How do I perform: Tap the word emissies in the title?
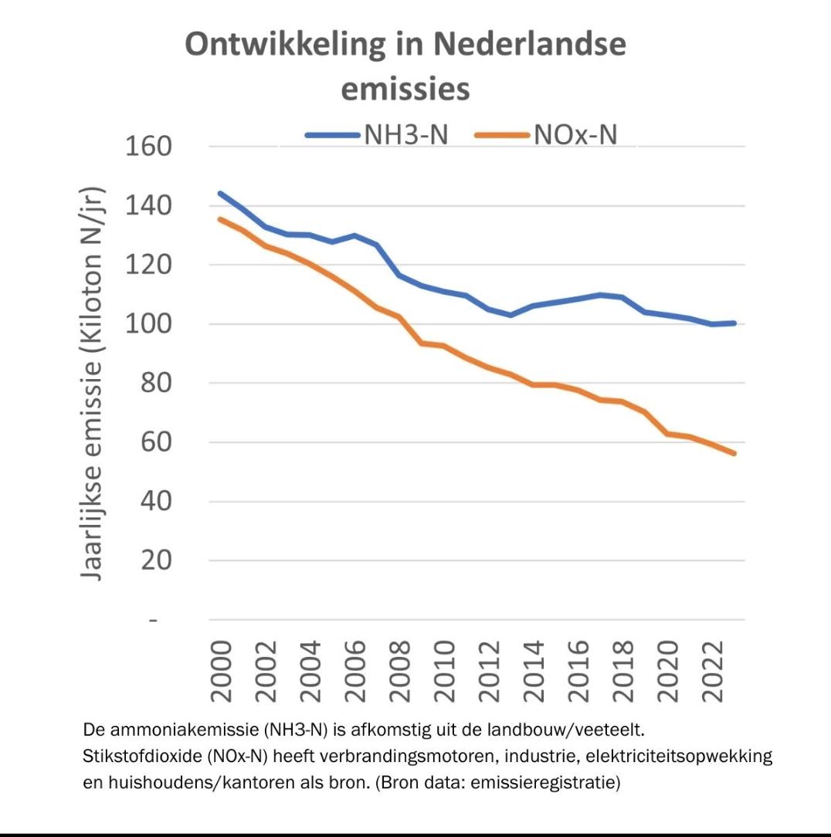click(405, 89)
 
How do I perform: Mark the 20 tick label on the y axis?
click(157, 561)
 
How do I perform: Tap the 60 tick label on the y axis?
click(157, 442)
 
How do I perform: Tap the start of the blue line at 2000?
click(220, 193)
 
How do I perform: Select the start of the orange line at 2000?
click(220, 219)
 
